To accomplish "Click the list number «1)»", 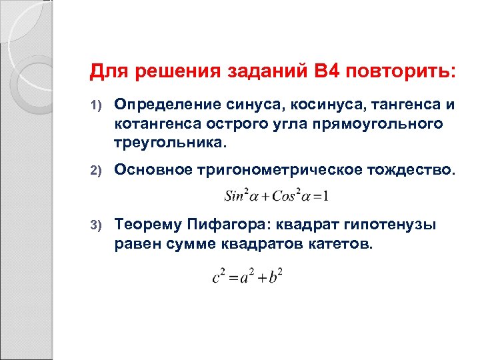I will pos(95,105).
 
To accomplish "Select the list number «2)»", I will pos(95,170).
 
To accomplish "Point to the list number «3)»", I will pos(95,225).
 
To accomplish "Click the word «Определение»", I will pos(157,105).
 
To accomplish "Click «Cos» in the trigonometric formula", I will pos(281,197).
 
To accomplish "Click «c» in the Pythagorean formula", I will pos(216,277).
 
